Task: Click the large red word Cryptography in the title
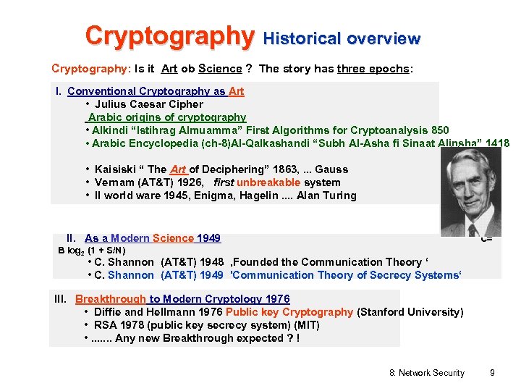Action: point(169,35)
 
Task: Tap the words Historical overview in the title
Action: point(342,38)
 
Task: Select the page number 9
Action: point(492,373)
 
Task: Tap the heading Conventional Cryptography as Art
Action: point(156,91)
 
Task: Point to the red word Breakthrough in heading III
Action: point(111,299)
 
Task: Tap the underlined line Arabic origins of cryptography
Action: point(166,117)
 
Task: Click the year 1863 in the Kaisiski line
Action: point(279,169)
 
